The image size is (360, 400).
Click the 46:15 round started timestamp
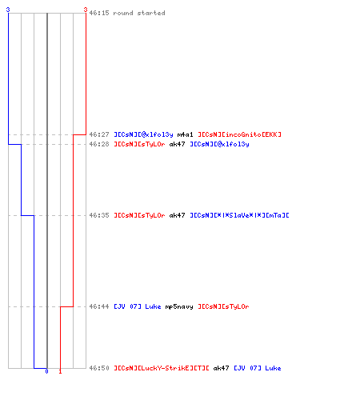pyautogui.click(x=99, y=13)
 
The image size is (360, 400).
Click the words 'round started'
pyautogui.click(x=139, y=13)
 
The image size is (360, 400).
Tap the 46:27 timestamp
pyautogui.click(x=99, y=134)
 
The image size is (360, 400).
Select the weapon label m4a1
pyautogui.click(x=185, y=134)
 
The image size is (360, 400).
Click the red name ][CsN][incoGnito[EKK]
pyautogui.click(x=239, y=134)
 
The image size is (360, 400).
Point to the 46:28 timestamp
pyautogui.click(x=99, y=144)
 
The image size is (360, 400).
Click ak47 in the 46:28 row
pyautogui.click(x=177, y=144)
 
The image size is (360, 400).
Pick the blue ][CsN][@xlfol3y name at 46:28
pyautogui.click(x=219, y=144)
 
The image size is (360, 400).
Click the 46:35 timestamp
pyautogui.click(x=99, y=215)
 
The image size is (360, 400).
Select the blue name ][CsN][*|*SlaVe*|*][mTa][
pyautogui.click(x=239, y=215)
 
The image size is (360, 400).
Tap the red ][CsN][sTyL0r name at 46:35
pyautogui.click(x=139, y=215)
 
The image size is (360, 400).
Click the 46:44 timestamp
pyautogui.click(x=99, y=306)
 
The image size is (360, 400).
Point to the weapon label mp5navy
pyautogui.click(x=179, y=306)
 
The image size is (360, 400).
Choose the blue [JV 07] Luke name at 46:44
pyautogui.click(x=138, y=306)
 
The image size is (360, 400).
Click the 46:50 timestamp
pyautogui.click(x=99, y=368)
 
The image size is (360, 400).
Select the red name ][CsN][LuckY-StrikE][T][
pyautogui.click(x=162, y=368)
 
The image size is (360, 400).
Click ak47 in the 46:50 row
pyautogui.click(x=221, y=368)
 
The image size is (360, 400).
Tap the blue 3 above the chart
pyautogui.click(x=8, y=10)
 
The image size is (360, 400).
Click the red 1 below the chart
pyautogui.click(x=60, y=371)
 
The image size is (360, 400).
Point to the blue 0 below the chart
pyautogui.click(x=46, y=371)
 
